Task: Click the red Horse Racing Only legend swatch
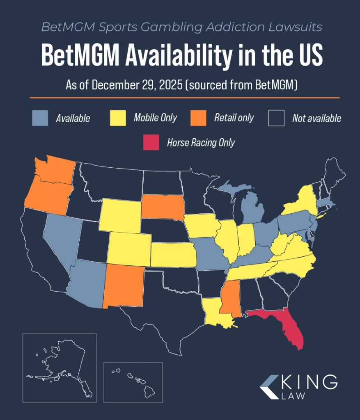[151, 142]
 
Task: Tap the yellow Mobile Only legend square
[118, 118]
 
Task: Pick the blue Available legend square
[40, 118]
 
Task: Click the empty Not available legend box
[276, 118]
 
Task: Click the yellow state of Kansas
[172, 254]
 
